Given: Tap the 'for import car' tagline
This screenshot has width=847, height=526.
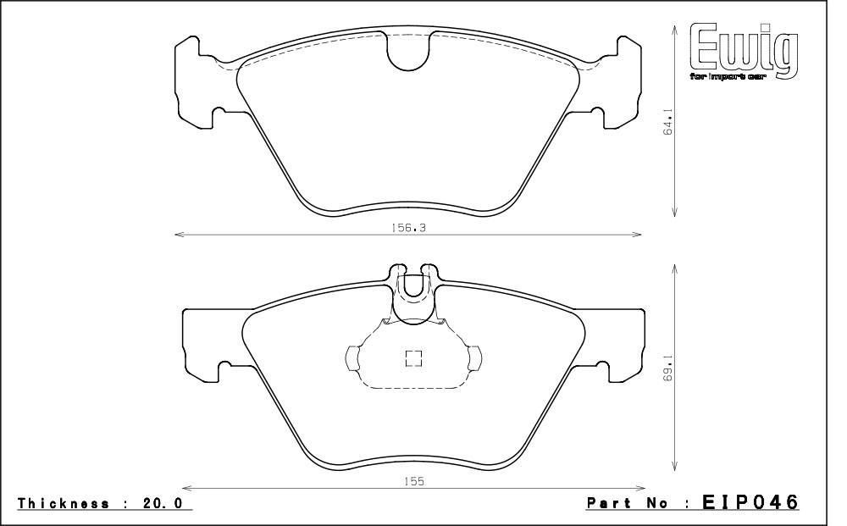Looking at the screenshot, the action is coord(728,77).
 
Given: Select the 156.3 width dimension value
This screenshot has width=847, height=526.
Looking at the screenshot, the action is coord(408,228).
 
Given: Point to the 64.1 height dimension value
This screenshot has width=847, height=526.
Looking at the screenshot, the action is coord(668,122).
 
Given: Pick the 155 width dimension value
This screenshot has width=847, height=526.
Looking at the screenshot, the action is coord(413,481).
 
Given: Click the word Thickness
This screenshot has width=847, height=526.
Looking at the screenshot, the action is coord(64,503).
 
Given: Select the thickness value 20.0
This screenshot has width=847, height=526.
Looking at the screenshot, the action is coord(163,503).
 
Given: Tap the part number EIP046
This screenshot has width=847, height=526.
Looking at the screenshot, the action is coord(750,502).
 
